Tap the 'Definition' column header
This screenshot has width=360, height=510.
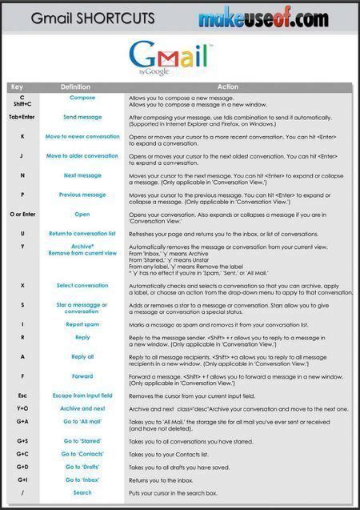[75, 86]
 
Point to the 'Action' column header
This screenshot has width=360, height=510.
[228, 86]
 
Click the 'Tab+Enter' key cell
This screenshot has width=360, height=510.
[22, 117]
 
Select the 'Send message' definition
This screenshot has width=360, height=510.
[82, 117]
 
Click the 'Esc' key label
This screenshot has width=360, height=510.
[22, 396]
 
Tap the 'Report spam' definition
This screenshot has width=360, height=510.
[82, 324]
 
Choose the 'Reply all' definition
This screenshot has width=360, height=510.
[82, 357]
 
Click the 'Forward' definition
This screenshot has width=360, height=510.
[82, 375]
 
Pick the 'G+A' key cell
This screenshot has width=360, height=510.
[22, 421]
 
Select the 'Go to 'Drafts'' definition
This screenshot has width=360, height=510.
[82, 467]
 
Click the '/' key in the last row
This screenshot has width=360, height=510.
[22, 492]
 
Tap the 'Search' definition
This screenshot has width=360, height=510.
[82, 492]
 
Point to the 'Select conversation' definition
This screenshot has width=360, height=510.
[82, 285]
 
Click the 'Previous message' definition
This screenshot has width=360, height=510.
[82, 195]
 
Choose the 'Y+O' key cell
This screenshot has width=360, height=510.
[22, 408]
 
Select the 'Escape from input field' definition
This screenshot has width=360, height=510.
[82, 396]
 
